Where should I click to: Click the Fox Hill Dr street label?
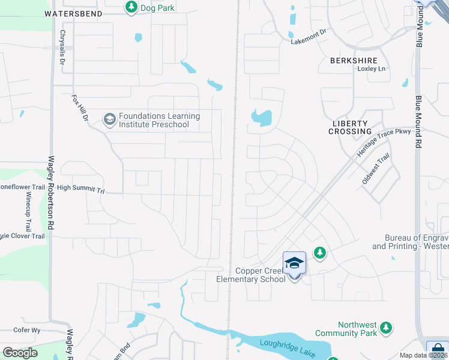[80, 109]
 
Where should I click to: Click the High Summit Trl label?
[81, 188]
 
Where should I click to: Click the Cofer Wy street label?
[27, 330]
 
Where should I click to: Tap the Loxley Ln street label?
[372, 69]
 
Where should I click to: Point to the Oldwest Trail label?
[376, 169]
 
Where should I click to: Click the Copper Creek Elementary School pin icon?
[294, 262]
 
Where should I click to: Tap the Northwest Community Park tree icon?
[387, 328]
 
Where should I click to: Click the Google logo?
[20, 353]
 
